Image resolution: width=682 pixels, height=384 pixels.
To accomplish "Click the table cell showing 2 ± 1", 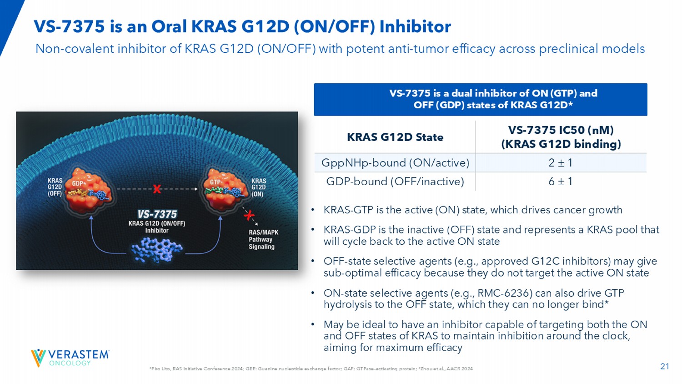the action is (561, 163).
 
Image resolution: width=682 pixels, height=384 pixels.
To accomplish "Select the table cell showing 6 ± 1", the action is (561, 182).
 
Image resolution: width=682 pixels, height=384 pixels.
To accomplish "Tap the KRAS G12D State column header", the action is (395, 137).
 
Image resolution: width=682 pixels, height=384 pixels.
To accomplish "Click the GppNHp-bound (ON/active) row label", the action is (395, 163).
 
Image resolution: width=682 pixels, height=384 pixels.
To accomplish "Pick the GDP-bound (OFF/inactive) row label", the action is (395, 182).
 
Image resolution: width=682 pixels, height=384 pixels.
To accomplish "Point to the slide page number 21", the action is (665, 366).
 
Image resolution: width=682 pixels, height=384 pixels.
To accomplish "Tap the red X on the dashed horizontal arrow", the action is (157, 189).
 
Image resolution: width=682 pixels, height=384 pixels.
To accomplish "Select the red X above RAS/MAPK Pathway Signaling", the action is (249, 215).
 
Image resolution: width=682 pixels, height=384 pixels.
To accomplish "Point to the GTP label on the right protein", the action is (215, 182).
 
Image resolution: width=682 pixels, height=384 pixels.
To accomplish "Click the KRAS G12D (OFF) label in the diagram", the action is (55, 187).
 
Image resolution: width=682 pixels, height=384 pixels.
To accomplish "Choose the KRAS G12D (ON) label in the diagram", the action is (259, 187).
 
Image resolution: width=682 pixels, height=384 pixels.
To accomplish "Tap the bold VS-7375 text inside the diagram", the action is (157, 214).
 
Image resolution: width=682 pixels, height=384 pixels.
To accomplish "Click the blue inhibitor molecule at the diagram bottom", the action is (157, 250).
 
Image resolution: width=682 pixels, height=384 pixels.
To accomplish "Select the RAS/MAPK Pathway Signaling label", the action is (263, 239).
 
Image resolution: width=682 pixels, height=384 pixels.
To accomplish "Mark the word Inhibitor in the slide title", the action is (415, 26).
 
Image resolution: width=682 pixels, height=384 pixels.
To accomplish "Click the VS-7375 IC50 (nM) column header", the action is (561, 131).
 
